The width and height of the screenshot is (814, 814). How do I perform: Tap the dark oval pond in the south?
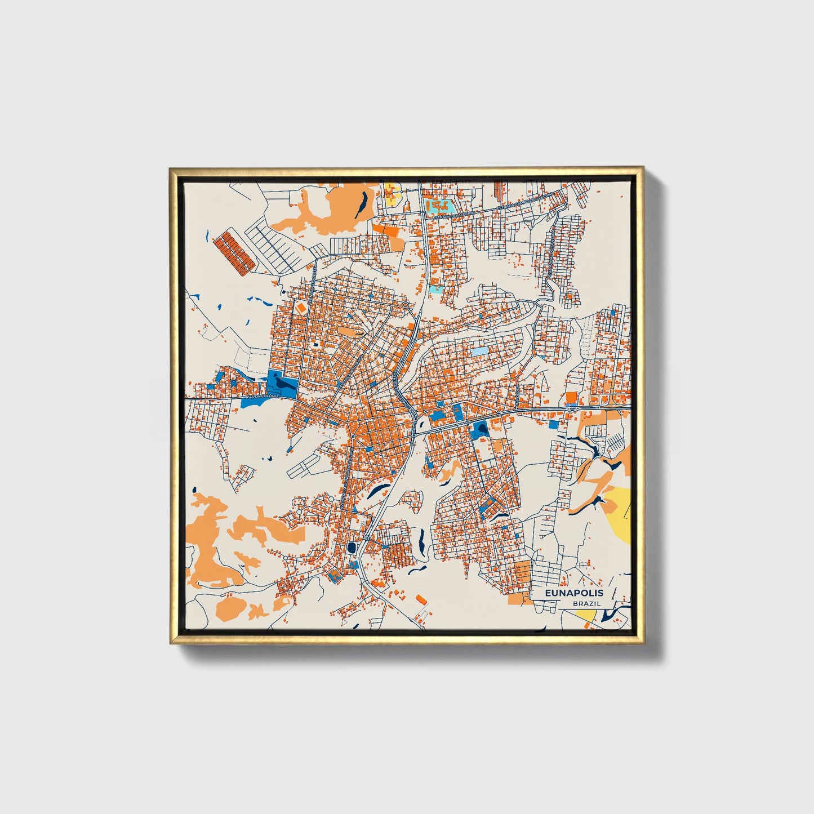(351, 547)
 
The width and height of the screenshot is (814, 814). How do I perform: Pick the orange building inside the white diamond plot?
(300, 308)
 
